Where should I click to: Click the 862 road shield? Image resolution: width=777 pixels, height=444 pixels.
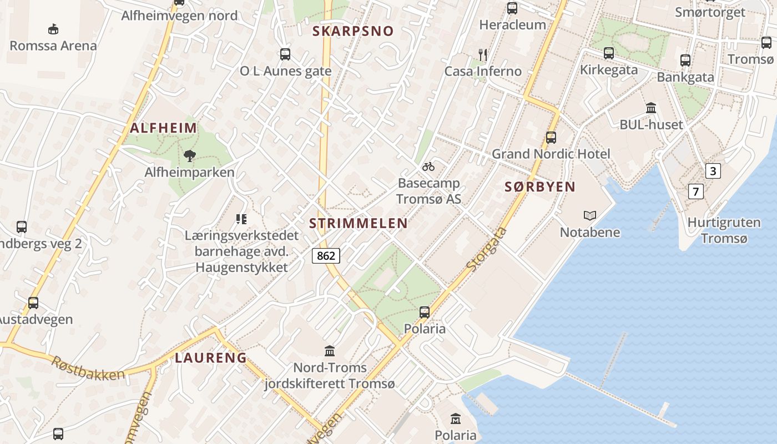pos(326,255)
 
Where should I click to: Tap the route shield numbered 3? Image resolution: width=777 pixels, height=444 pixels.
pos(713,171)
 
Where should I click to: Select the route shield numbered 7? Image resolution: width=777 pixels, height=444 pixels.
pos(696,192)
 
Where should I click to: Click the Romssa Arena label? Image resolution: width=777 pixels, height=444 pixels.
pos(53,46)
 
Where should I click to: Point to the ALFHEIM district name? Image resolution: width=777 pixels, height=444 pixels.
pos(164,128)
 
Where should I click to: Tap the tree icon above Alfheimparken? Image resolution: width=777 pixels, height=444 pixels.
pos(190,155)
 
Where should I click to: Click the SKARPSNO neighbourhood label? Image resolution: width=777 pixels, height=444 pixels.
pos(353,31)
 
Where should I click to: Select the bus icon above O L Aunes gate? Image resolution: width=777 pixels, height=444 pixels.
pos(285,54)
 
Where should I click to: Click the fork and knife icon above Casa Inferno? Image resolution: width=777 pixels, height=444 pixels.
pos(483,54)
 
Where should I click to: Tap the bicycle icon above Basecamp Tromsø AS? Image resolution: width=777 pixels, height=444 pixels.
pos(428,167)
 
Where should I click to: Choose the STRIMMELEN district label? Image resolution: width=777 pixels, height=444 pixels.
pos(359,224)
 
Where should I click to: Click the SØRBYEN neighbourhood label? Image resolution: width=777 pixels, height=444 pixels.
pos(540,187)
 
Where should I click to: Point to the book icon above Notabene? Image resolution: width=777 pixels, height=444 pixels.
pos(589,215)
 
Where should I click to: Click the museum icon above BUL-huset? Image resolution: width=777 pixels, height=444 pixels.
pos(651,108)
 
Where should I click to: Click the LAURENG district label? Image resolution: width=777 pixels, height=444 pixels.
pos(211,358)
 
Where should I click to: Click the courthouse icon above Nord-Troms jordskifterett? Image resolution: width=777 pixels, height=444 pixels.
pos(330,351)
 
